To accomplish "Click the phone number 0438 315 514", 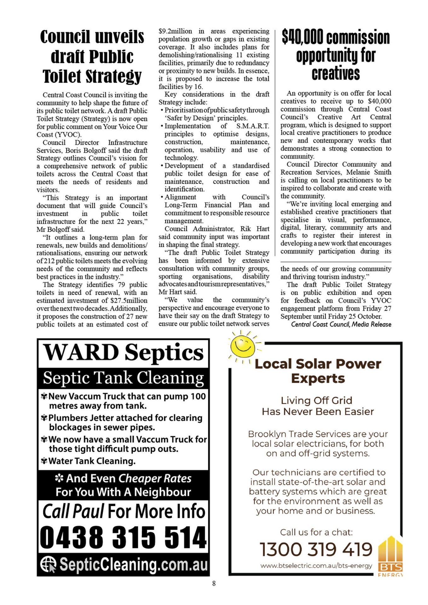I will [123, 537].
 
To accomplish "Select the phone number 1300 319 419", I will [316, 549].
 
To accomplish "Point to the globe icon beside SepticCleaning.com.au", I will [48, 564].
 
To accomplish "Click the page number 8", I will [214, 583].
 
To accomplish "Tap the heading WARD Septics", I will [123, 352].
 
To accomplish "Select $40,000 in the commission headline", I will [303, 37].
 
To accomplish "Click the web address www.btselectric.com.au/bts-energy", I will [316, 566].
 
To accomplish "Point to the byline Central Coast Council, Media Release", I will [341, 324].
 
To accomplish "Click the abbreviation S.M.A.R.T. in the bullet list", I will [253, 126].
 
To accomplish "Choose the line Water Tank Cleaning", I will [92, 461].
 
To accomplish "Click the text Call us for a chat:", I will [316, 532].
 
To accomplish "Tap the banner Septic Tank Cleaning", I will [123, 377].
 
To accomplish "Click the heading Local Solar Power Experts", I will [318, 371].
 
